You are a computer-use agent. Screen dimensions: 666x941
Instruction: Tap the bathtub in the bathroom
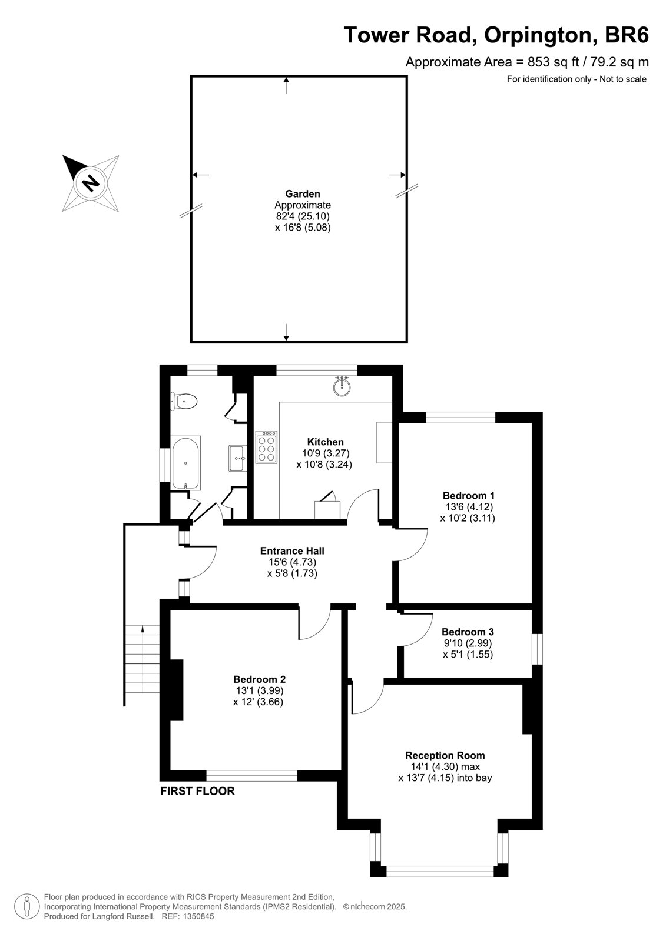coord(185,462)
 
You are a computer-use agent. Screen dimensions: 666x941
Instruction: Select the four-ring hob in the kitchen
coord(266,448)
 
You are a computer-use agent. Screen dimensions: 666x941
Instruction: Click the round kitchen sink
coord(342,386)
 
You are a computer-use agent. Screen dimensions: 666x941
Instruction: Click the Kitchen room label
coord(325,442)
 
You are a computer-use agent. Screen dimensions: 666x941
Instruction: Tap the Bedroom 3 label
coord(468,632)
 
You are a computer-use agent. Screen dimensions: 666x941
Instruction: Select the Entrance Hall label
coord(292,550)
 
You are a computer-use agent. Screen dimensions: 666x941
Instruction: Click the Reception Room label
coord(445,755)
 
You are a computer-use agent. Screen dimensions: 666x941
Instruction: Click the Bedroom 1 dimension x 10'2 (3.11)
coord(468,518)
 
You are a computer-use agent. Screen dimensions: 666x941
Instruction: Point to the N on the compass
coord(90,183)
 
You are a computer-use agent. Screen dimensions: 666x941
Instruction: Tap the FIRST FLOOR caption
coord(197,791)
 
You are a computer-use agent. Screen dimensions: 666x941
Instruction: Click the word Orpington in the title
coord(541,35)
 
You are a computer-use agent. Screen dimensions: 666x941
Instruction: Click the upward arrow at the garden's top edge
coord(287,86)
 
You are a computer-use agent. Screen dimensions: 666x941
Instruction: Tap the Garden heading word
coord(303,193)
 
